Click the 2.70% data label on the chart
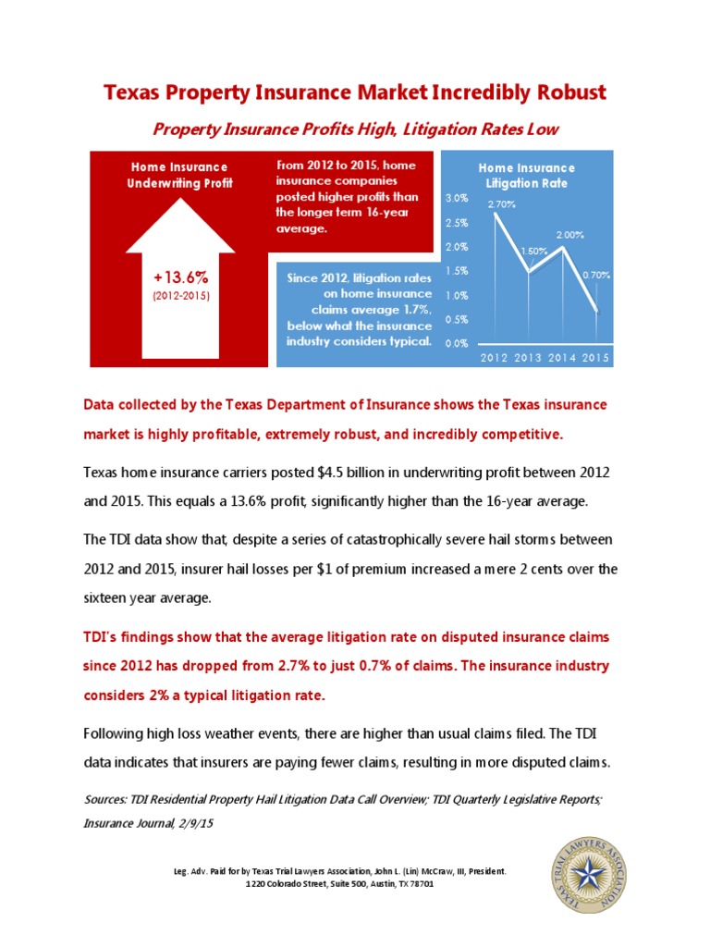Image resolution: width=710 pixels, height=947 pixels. [502, 203]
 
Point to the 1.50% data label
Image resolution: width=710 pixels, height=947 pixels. [534, 251]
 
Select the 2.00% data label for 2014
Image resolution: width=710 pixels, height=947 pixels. [570, 235]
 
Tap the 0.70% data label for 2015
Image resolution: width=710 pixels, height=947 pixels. [596, 275]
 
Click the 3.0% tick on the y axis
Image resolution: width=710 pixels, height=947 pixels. [456, 199]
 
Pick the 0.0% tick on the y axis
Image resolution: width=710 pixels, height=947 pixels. [456, 343]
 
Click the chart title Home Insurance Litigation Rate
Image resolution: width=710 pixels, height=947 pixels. [526, 176]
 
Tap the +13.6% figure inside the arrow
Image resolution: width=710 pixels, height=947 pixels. [181, 277]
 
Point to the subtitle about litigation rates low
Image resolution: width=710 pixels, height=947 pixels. [355, 129]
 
